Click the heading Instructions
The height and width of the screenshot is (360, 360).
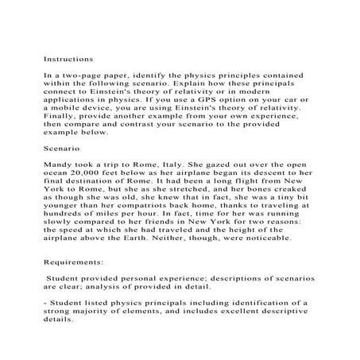[68, 59]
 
